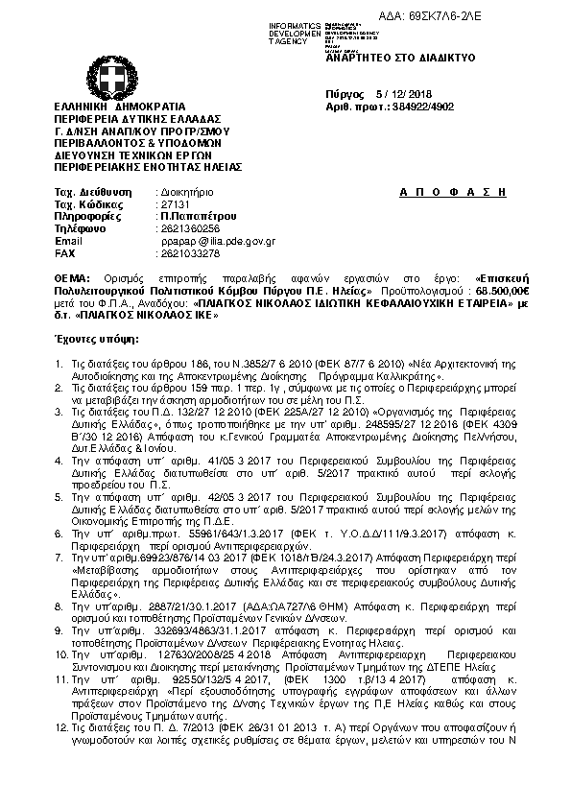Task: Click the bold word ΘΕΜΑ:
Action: point(71,276)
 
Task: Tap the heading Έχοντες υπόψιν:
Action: point(97,340)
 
